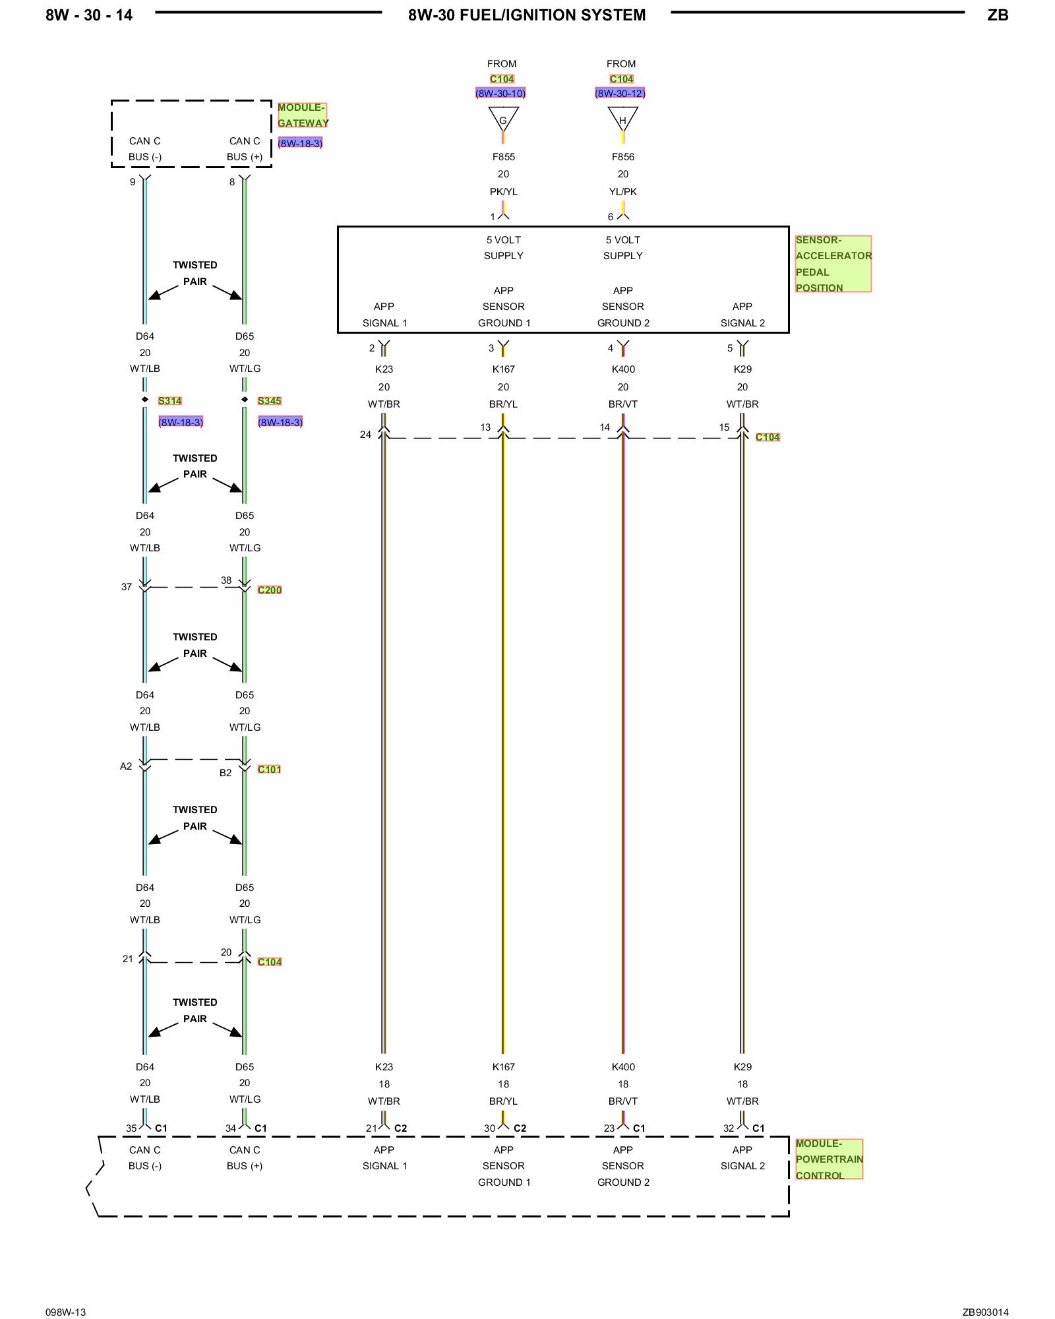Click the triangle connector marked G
(503, 119)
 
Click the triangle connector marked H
(622, 119)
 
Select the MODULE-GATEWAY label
(302, 115)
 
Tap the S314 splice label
(169, 401)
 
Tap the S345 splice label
(269, 401)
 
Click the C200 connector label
(269, 590)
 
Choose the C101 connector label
(269, 770)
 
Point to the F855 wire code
(503, 157)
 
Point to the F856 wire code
(622, 157)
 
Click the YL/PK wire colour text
(622, 192)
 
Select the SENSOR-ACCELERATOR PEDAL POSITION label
(833, 264)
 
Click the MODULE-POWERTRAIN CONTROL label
(829, 1159)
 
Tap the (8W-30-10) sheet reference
(500, 94)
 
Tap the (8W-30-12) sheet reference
(620, 94)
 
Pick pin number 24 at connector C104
(365, 435)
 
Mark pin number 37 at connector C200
(127, 587)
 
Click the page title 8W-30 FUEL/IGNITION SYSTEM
(527, 15)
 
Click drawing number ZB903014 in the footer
(985, 1312)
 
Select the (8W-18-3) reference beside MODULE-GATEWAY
(300, 143)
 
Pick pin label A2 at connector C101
(126, 766)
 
